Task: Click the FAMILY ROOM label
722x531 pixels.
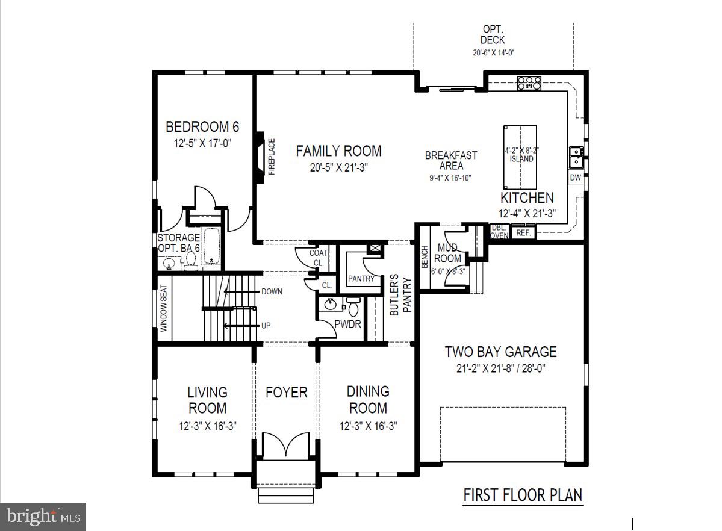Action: click(x=338, y=151)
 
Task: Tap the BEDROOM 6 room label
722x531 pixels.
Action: click(x=202, y=127)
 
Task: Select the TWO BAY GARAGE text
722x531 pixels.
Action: click(x=500, y=352)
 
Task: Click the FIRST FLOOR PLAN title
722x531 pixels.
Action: click(x=522, y=495)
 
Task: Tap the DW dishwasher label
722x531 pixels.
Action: click(x=575, y=178)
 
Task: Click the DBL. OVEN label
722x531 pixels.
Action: click(x=499, y=232)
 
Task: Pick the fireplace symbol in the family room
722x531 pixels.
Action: click(x=260, y=157)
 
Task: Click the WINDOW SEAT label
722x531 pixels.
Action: click(x=164, y=308)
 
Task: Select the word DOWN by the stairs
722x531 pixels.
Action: click(x=272, y=291)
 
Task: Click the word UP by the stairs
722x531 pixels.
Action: click(x=266, y=326)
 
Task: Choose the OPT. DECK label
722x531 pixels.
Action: click(x=493, y=34)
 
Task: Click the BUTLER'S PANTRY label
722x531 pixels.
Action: click(x=400, y=295)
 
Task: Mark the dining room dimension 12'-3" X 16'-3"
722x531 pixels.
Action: click(x=368, y=426)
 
